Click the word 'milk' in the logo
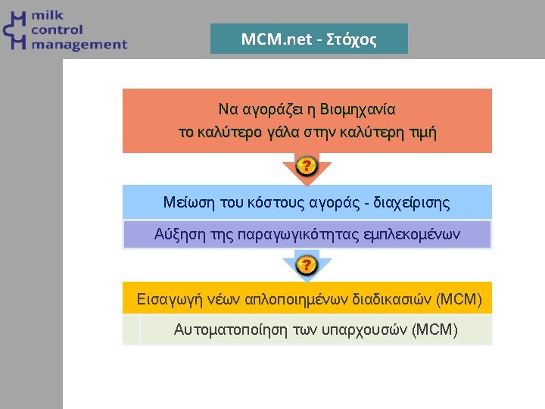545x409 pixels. [x=47, y=16]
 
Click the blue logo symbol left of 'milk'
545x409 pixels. [x=15, y=31]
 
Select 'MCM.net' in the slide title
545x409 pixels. [x=276, y=39]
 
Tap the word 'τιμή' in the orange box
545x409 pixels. [x=422, y=133]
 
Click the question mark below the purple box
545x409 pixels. [x=306, y=265]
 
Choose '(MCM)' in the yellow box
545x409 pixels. [x=459, y=299]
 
